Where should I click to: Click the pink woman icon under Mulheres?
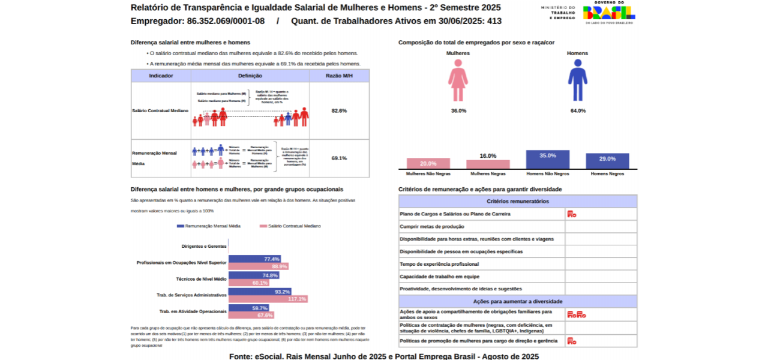tap(458, 84)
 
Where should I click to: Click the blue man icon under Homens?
tap(578, 84)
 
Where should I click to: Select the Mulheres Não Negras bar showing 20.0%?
tap(428, 164)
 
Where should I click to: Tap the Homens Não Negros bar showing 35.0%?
tap(547, 160)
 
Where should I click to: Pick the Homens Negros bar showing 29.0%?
tap(607, 161)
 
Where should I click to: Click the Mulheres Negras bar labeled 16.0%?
tap(488, 164)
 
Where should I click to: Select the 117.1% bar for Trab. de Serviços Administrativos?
tap(268, 299)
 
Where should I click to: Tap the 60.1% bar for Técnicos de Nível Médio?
tap(248, 283)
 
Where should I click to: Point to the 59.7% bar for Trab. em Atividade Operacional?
tap(248, 308)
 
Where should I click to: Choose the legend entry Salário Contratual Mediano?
tap(290, 226)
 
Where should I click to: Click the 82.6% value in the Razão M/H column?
tap(339, 111)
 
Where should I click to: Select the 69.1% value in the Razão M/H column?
tap(339, 158)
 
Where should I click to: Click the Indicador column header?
tap(161, 76)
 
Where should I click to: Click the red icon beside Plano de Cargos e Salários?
tap(571, 214)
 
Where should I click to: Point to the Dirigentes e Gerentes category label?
tap(204, 247)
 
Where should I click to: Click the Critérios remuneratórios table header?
tap(518, 202)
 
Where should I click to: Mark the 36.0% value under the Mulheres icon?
tap(458, 111)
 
